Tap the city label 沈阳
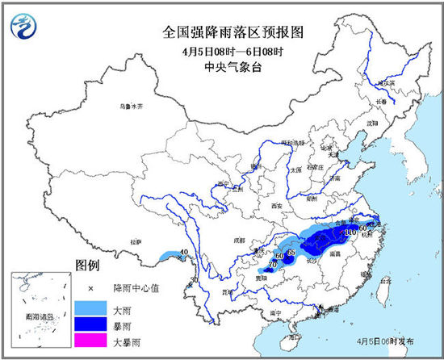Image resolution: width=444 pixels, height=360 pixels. click(x=371, y=123)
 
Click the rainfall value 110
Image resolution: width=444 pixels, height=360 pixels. click(x=350, y=233)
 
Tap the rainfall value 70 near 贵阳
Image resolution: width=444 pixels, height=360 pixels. click(x=260, y=264)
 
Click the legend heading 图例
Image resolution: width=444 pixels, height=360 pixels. click(x=86, y=265)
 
